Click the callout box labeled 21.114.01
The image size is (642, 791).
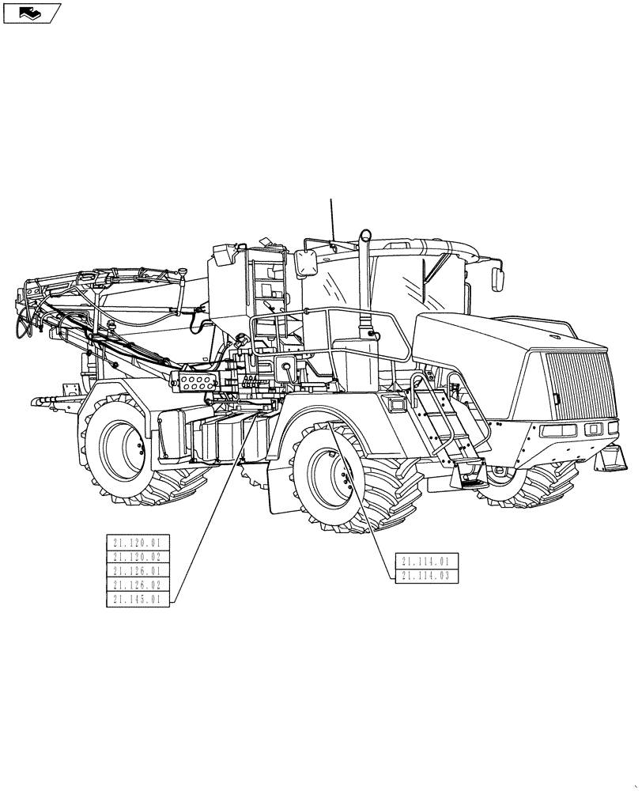425,562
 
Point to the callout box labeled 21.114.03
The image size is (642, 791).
425,576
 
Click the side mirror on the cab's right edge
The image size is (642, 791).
498,278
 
